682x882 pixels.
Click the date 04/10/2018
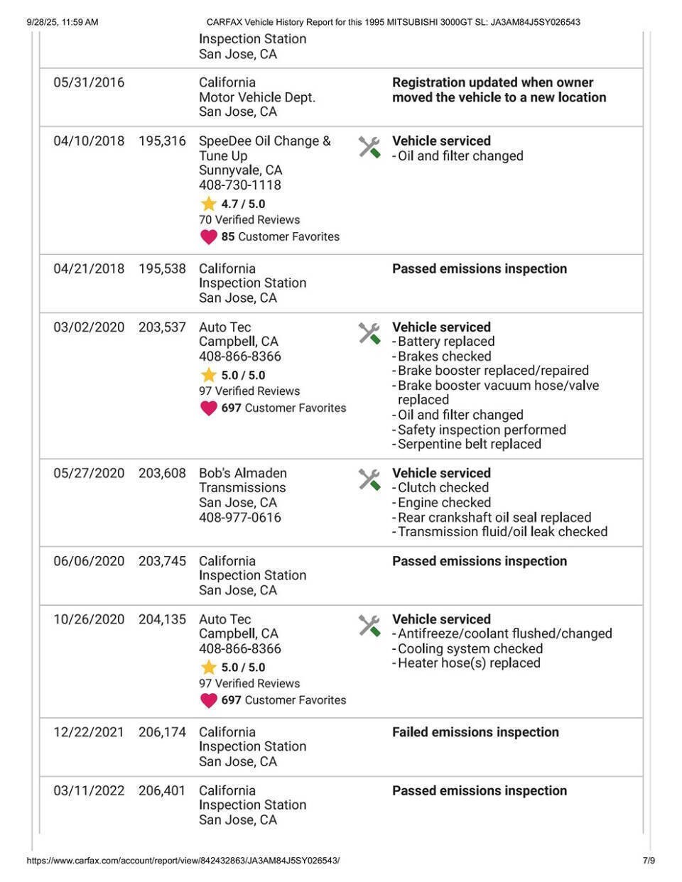point(89,141)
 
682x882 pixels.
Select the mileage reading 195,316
point(162,141)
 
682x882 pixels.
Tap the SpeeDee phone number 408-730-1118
point(240,185)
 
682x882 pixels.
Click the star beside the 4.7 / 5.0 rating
point(208,204)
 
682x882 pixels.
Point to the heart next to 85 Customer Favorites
point(208,236)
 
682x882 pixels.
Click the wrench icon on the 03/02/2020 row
point(369,333)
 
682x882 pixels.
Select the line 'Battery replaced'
point(446,342)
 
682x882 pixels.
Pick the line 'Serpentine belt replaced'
point(469,444)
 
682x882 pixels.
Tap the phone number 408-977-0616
point(240,517)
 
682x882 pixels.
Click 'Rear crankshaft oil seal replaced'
point(494,517)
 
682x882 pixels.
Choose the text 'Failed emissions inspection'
point(475,732)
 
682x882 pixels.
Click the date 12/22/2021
point(89,732)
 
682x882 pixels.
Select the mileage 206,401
point(162,790)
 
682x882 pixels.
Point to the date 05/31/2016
point(89,82)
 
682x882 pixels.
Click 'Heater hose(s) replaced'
point(469,663)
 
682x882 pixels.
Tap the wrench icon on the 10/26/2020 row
point(369,625)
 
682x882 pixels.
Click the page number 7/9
point(649,861)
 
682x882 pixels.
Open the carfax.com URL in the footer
point(183,861)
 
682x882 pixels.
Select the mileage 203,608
point(162,473)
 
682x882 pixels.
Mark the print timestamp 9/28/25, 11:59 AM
point(63,22)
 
